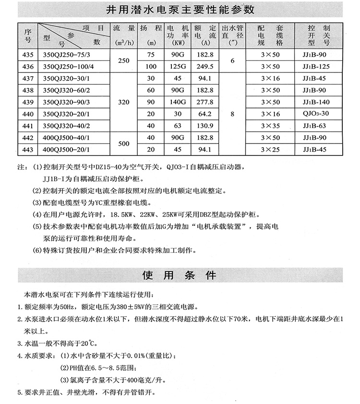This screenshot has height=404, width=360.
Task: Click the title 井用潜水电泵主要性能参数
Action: tap(180, 10)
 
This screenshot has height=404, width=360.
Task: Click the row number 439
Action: tap(28, 102)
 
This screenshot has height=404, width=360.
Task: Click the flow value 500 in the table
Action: tap(124, 143)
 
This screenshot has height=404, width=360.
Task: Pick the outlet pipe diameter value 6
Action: tap(232, 60)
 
